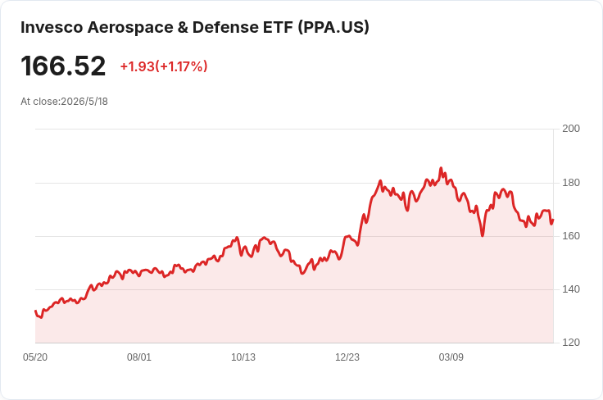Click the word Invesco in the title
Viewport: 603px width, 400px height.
click(52, 27)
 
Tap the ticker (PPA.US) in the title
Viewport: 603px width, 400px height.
click(333, 27)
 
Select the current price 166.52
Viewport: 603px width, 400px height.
click(63, 66)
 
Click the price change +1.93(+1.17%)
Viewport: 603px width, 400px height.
click(164, 66)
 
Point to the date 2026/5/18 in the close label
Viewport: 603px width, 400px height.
click(84, 102)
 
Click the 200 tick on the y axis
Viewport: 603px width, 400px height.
click(571, 129)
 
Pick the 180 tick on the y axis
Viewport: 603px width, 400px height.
click(571, 183)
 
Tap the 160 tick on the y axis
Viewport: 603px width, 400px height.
click(571, 236)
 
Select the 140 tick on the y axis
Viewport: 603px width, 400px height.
click(571, 289)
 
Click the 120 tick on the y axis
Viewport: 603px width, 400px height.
click(571, 343)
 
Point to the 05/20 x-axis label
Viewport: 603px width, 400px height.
click(35, 357)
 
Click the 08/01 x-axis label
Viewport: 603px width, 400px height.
click(138, 357)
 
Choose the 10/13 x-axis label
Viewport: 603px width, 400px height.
click(243, 357)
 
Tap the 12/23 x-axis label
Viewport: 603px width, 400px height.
click(347, 357)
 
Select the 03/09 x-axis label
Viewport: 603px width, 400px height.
click(451, 357)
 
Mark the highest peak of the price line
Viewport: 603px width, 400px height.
click(441, 168)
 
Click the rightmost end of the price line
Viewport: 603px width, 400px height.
click(553, 220)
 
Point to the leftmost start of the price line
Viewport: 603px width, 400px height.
click(35, 311)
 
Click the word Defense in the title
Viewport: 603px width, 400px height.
click(225, 27)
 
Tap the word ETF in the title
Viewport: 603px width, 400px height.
click(278, 27)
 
